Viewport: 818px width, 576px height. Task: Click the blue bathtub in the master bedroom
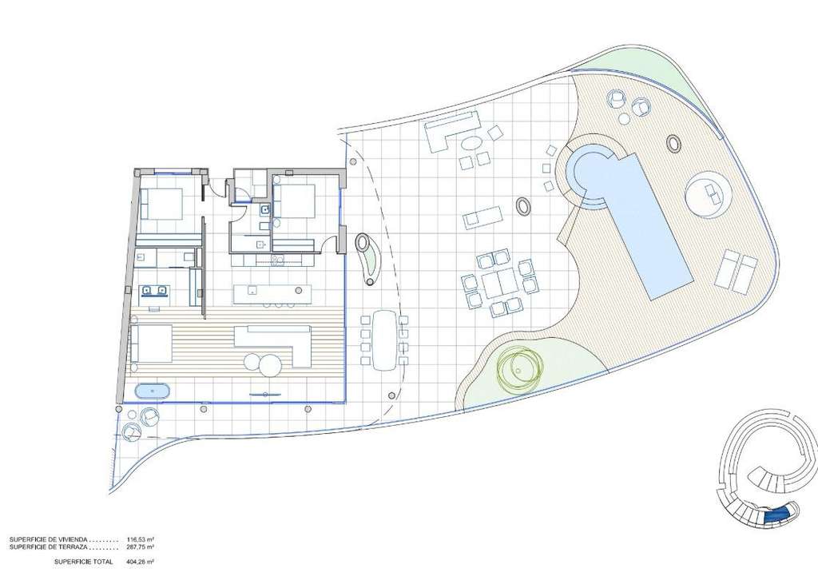coord(152,391)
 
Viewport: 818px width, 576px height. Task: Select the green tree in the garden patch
coord(519,367)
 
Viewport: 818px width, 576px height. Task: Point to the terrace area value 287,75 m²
coord(141,547)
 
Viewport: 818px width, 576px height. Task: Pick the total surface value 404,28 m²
coord(141,562)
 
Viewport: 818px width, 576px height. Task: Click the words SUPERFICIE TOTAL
coord(83,562)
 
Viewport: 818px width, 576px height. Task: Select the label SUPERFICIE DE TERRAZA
coord(47,547)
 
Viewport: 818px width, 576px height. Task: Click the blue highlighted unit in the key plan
coord(777,517)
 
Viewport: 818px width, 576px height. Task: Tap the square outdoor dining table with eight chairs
coord(500,284)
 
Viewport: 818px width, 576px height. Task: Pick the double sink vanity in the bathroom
coord(154,291)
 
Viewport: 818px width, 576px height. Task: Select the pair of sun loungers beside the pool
coord(737,269)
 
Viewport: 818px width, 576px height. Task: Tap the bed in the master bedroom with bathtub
coord(151,344)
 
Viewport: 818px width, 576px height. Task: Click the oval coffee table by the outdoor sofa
coord(473,142)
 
